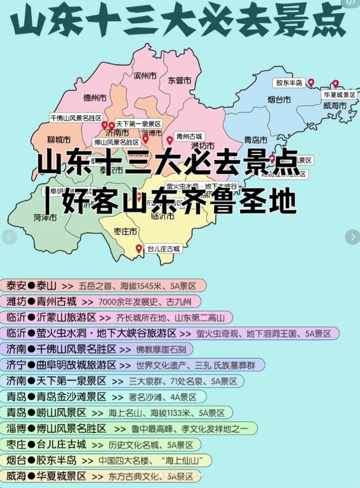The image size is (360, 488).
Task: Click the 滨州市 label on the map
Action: (145, 75)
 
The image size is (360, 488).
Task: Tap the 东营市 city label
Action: (180, 80)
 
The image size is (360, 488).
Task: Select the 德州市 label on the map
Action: (95, 98)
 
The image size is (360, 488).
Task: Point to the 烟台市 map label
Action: (279, 100)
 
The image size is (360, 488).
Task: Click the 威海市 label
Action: (334, 105)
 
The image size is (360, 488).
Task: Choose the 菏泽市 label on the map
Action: (45, 218)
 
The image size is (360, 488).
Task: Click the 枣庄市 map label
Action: (125, 231)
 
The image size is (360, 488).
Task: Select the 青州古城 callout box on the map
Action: (190, 136)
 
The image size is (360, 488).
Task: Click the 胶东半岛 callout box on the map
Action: (289, 83)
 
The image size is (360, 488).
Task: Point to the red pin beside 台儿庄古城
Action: (139, 249)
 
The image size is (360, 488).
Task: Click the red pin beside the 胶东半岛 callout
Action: (311, 83)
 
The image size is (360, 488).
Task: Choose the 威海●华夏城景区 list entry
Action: (100, 476)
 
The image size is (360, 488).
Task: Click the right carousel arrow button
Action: (352, 237)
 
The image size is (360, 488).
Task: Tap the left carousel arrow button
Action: (8, 237)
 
